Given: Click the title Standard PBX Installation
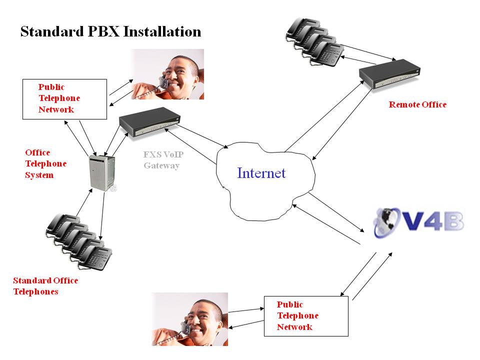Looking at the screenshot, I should [x=110, y=31].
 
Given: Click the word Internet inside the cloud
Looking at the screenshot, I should [x=261, y=173].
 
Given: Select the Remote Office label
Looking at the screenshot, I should [x=417, y=104].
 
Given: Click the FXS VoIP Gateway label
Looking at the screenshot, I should [x=161, y=160].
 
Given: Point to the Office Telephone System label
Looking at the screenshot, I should [x=45, y=164].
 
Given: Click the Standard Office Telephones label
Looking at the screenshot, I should [x=45, y=286].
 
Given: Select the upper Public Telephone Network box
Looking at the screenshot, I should [x=65, y=98].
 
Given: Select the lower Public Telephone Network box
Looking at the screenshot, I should [x=305, y=316].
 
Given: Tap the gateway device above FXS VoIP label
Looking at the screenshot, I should [x=149, y=122].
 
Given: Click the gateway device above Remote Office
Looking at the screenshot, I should [x=390, y=74].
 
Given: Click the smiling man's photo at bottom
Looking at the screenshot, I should [x=190, y=319].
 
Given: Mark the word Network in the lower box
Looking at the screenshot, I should [x=294, y=327].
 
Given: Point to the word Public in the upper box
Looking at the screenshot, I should [x=51, y=87].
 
